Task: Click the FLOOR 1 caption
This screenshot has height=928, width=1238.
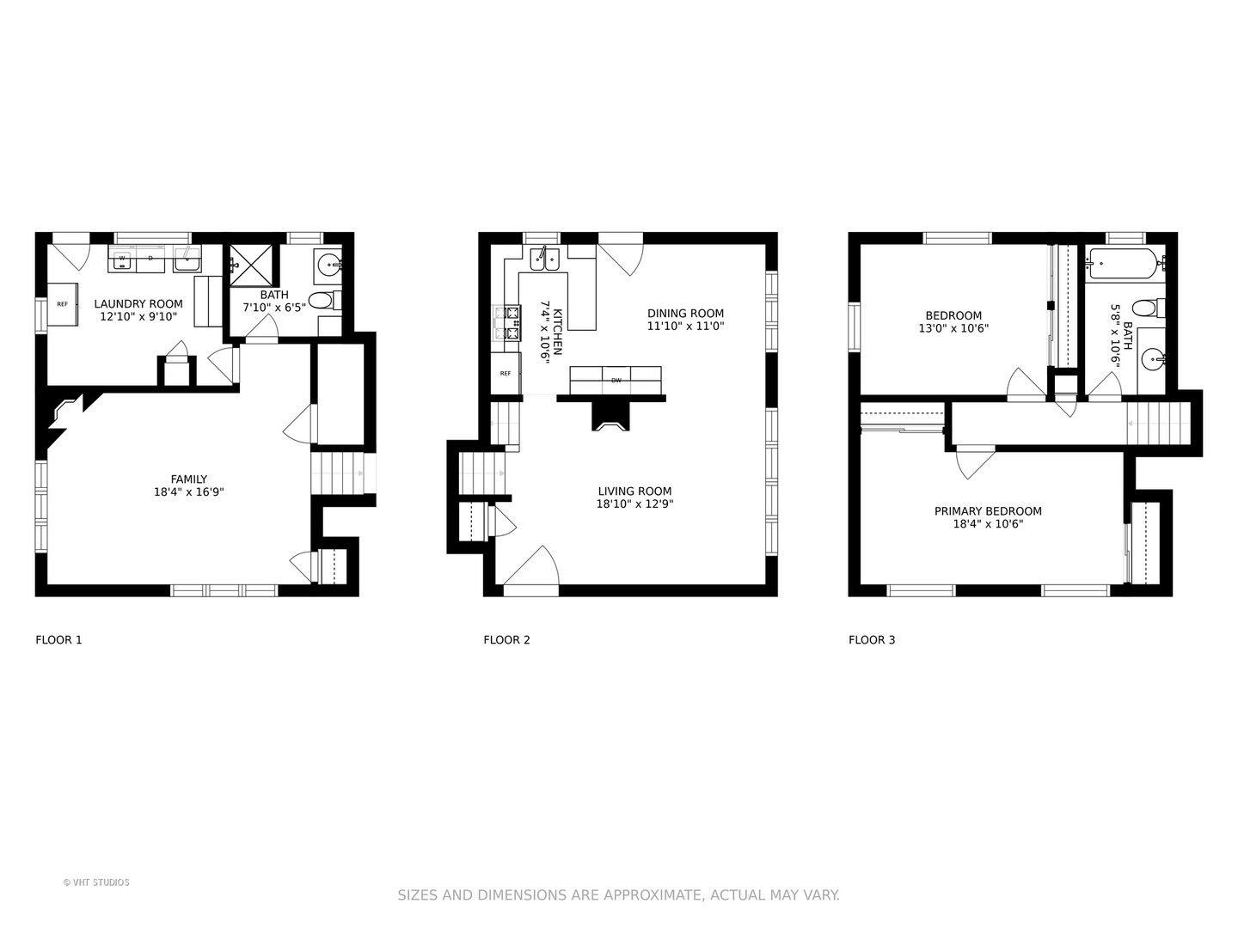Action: pos(58,639)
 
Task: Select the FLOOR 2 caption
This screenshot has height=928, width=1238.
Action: pos(506,639)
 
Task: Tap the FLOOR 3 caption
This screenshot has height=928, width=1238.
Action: pos(872,639)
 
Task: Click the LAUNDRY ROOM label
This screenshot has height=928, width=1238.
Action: pos(138,303)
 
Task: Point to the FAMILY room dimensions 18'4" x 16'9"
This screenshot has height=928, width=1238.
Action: pos(188,492)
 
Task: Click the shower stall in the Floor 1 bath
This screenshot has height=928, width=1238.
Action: pos(253,266)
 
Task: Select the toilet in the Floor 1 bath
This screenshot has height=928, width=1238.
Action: pos(322,301)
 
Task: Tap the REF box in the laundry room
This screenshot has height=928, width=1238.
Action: pos(63,304)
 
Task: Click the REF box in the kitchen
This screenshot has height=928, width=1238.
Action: pos(506,373)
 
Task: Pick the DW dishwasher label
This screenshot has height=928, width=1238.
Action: pos(616,380)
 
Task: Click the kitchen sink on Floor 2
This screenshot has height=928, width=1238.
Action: pos(544,258)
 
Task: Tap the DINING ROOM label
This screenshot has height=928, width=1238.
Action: pos(685,314)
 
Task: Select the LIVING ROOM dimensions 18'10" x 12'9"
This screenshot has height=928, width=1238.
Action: pos(634,504)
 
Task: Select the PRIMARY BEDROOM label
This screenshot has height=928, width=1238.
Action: pos(988,511)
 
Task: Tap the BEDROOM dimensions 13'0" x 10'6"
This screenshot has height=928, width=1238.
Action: pos(953,328)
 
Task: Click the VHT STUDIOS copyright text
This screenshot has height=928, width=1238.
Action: pos(96,882)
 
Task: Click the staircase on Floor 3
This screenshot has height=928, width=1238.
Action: pos(1158,423)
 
